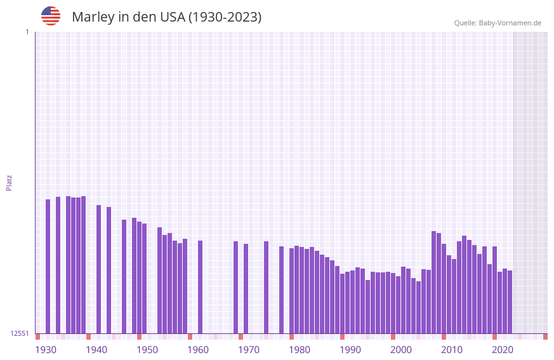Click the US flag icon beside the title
(51, 16)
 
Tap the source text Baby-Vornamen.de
(510, 23)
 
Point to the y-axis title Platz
(9, 183)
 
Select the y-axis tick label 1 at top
(27, 32)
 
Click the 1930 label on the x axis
(46, 350)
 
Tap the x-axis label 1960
(198, 350)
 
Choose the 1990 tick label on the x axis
(350, 350)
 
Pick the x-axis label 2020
(503, 350)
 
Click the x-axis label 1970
(249, 350)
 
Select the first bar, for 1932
(48, 266)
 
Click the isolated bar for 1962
(200, 286)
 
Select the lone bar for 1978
(281, 290)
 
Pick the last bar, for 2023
(510, 302)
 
